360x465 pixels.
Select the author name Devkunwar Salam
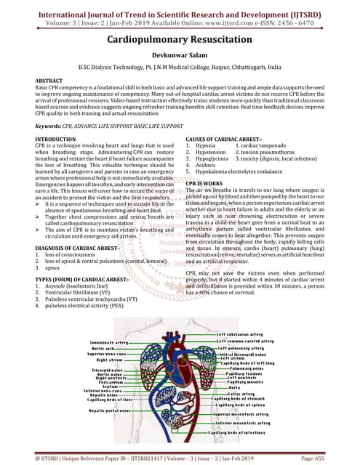tap(180, 62)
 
